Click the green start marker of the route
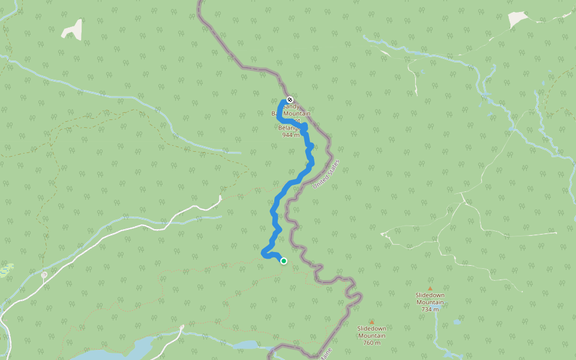point(283,260)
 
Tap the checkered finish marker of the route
point(290,99)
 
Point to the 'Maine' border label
point(326,353)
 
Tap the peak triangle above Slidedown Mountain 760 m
point(371,322)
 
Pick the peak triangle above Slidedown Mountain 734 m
point(430,289)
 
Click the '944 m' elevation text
point(290,135)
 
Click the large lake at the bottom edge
point(129,351)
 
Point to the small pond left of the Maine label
point(246,345)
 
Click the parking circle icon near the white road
point(44,275)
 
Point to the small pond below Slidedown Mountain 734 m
point(457,322)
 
